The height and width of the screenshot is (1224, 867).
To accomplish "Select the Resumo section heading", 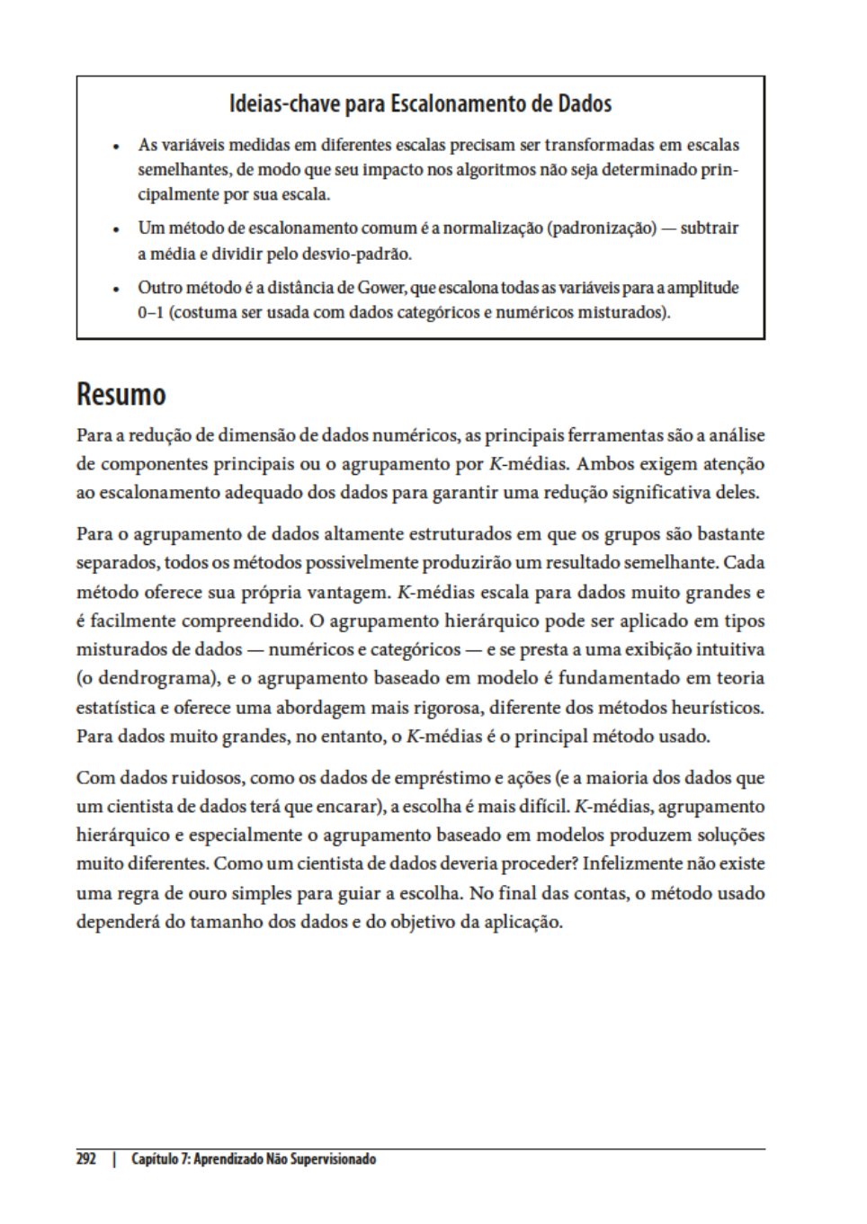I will [x=121, y=395].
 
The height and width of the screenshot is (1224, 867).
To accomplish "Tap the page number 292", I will [x=85, y=1159].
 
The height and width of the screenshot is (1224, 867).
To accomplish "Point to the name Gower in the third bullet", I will [x=381, y=288].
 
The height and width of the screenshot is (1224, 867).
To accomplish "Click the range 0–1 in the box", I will [x=151, y=313].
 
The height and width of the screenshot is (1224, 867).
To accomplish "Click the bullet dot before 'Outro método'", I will [x=116, y=290].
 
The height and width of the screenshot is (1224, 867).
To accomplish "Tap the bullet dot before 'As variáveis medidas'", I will [x=116, y=146].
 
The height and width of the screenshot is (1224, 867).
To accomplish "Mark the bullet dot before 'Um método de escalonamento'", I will [x=116, y=229].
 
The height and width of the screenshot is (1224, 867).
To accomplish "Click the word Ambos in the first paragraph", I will [x=607, y=464].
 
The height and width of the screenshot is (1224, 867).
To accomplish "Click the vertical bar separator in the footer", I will [x=114, y=1159].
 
